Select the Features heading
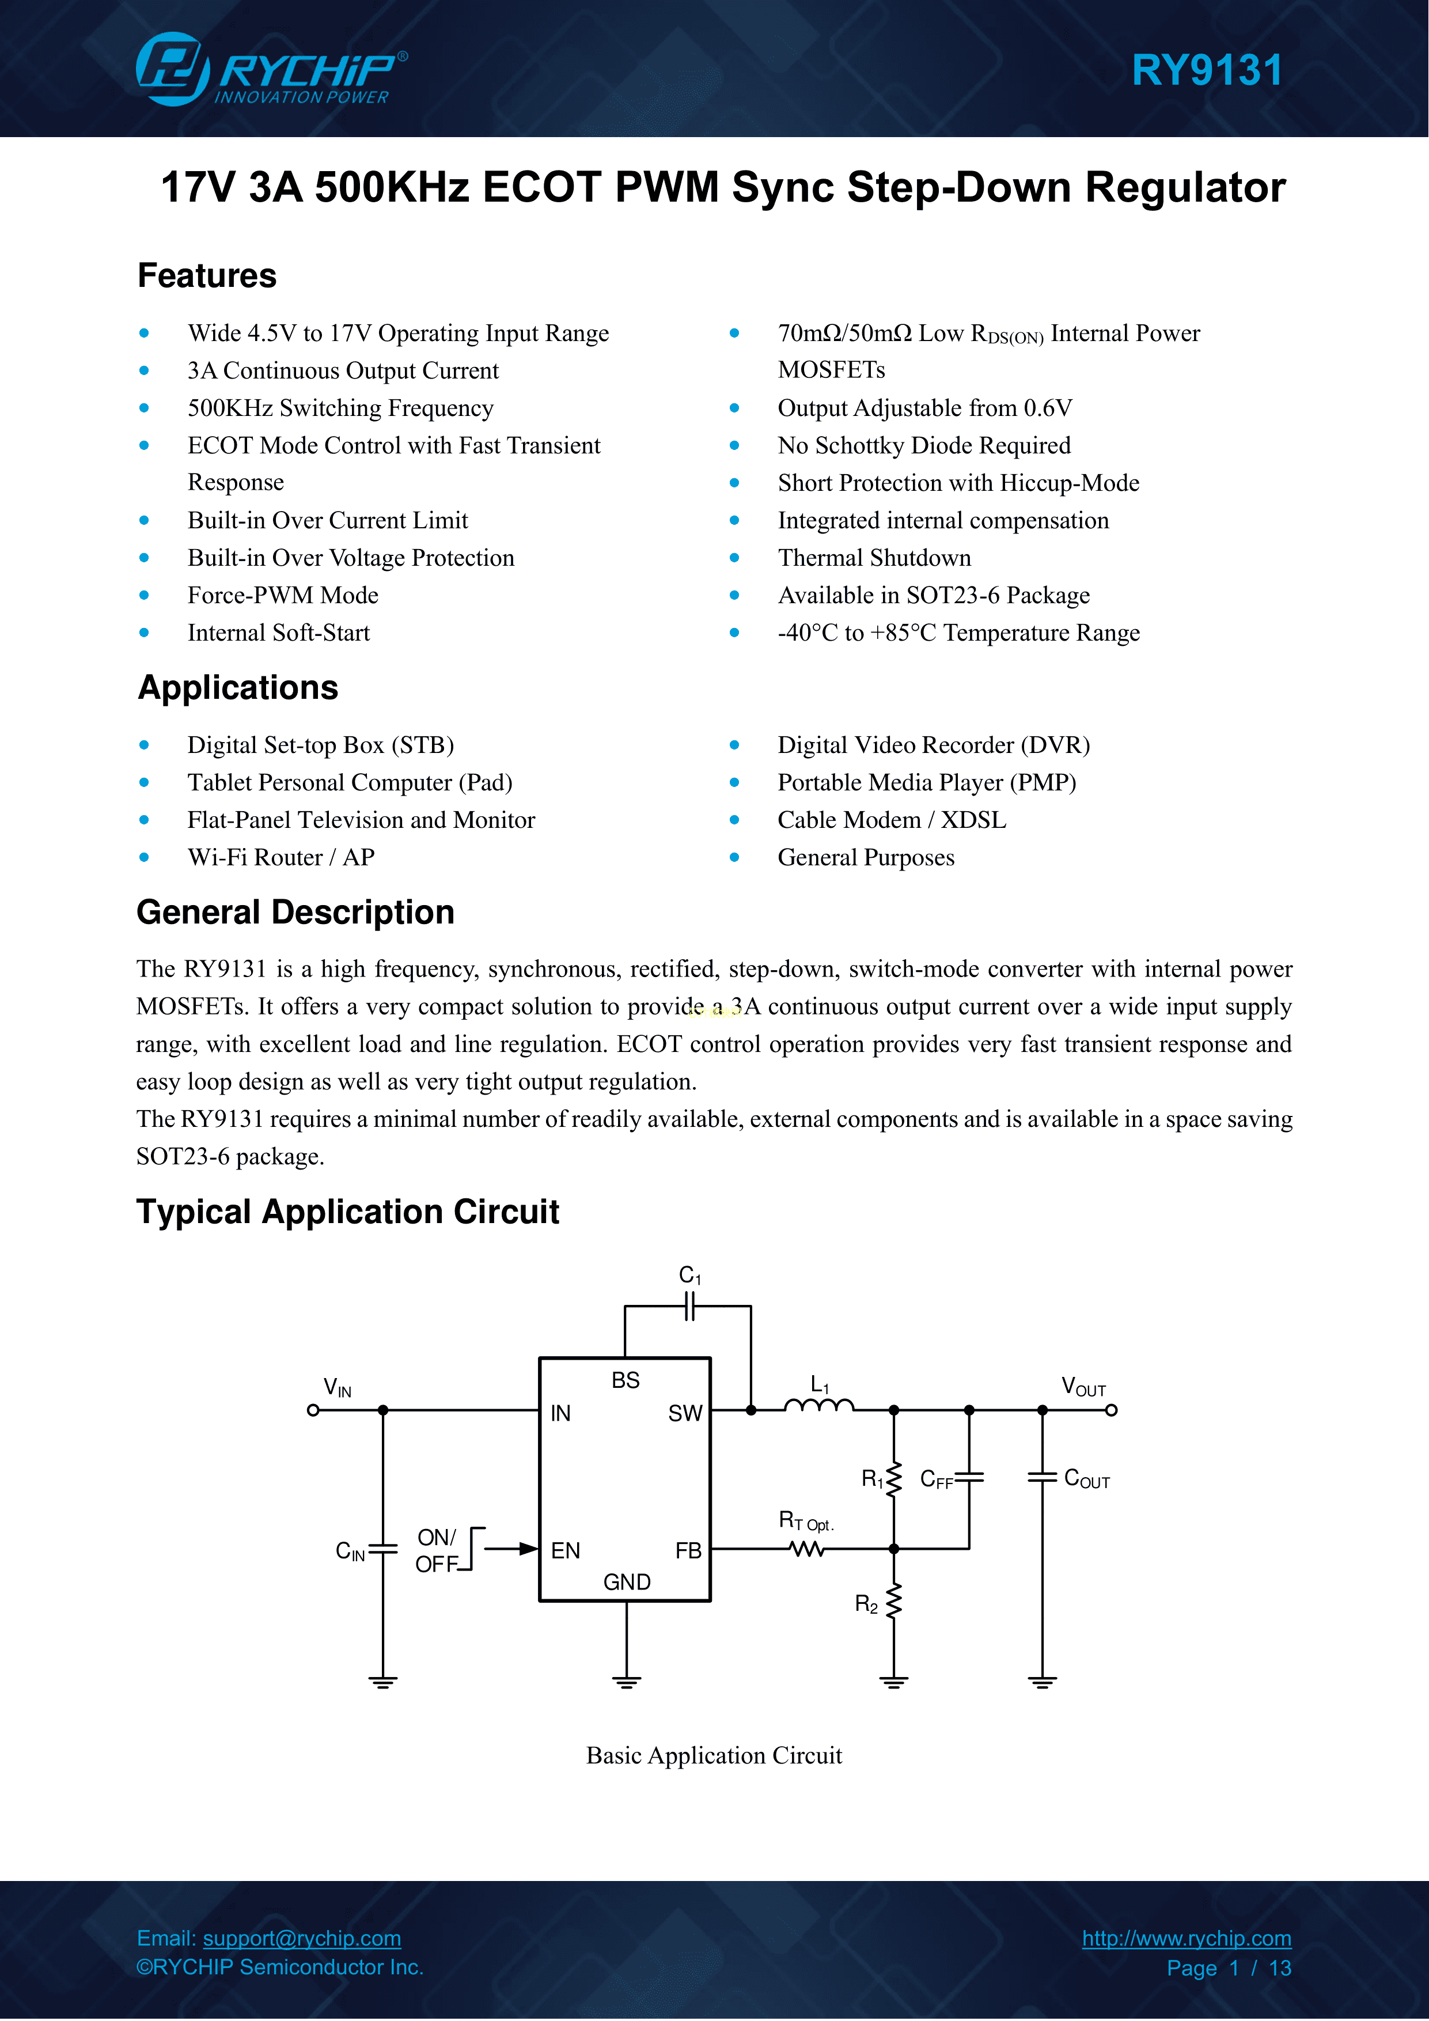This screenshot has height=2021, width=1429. (207, 275)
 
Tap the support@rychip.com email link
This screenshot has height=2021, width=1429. (302, 1938)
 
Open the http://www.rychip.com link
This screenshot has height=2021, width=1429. (1186, 1938)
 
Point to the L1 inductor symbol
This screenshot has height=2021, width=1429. (818, 1406)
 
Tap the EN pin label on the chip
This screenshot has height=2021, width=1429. (566, 1551)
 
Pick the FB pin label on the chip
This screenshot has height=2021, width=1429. (688, 1551)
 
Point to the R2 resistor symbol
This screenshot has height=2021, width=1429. (894, 1602)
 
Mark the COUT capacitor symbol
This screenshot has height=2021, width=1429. (1043, 1478)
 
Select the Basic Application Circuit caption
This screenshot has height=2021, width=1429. (714, 1756)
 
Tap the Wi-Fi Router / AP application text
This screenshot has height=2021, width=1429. (281, 857)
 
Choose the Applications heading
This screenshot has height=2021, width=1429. (237, 687)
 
